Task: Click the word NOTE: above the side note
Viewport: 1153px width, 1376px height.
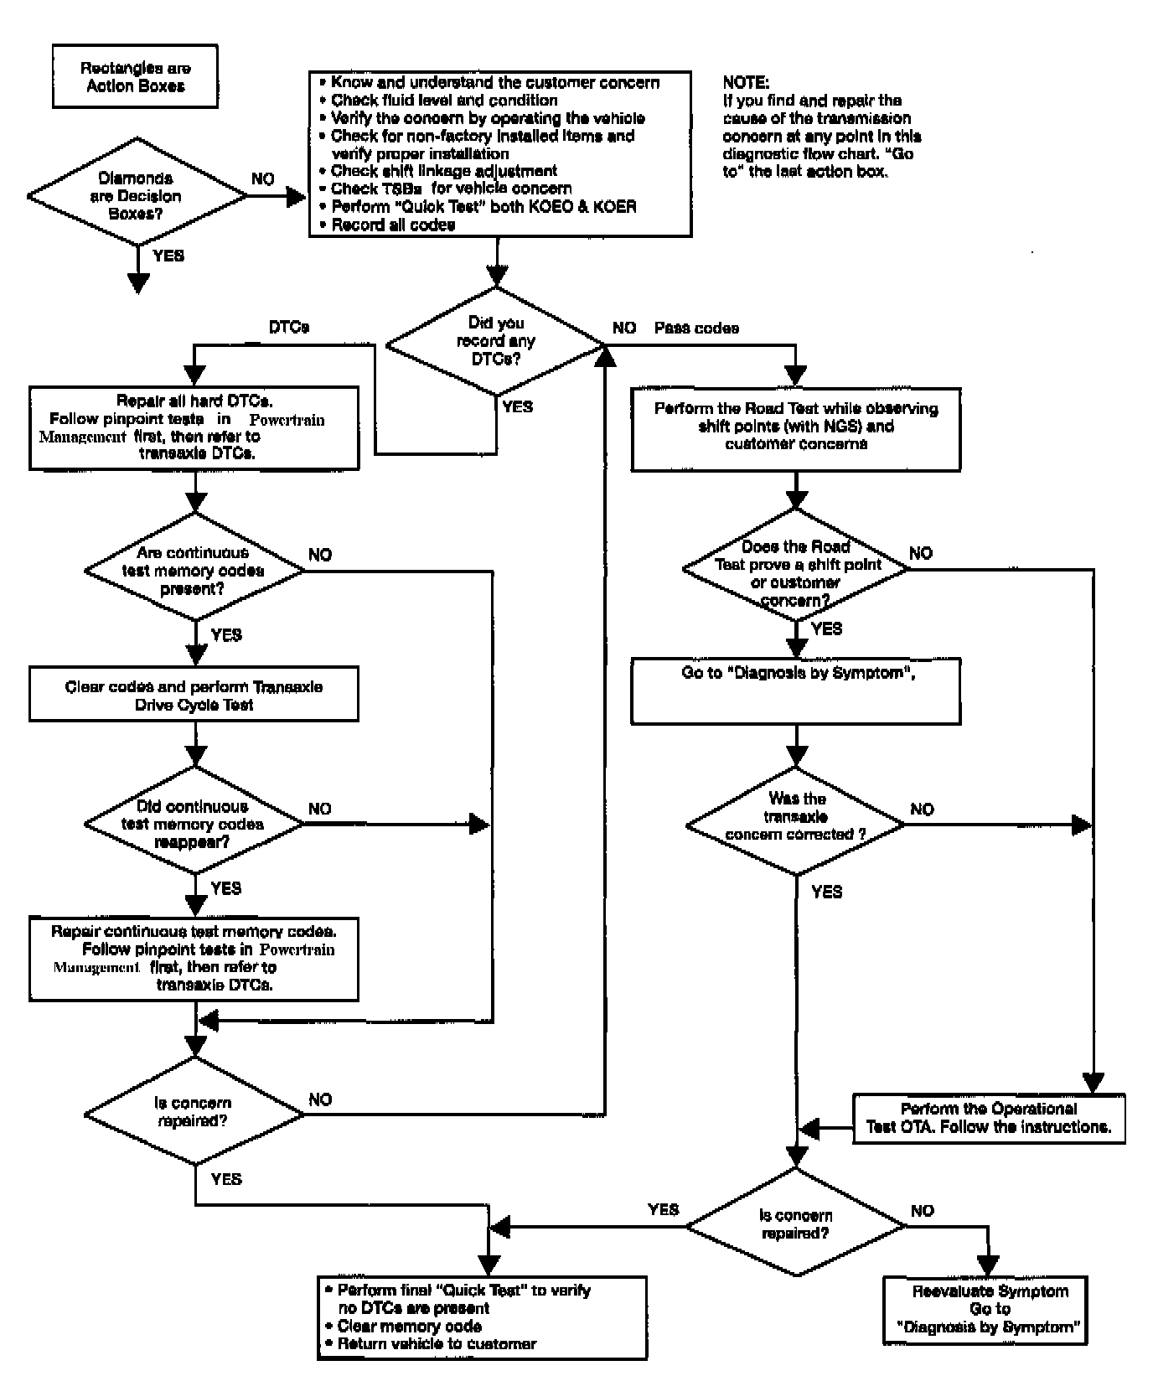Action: [745, 83]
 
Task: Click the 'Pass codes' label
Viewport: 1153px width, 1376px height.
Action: [696, 328]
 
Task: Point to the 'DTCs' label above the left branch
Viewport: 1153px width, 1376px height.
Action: [289, 328]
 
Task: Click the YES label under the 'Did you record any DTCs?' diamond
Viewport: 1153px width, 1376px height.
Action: [518, 406]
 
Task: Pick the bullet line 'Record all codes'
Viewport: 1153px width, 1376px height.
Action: [387, 225]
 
